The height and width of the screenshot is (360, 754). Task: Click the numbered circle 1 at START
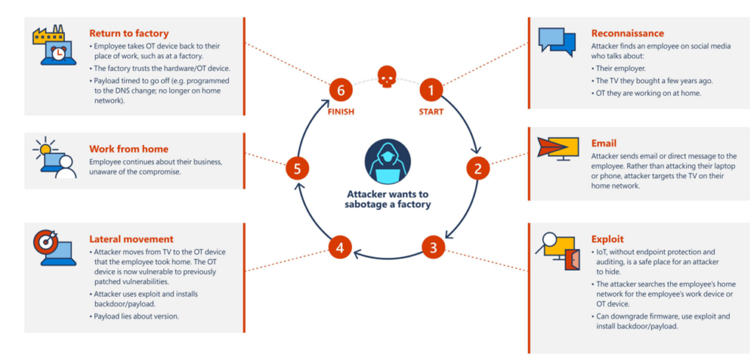coord(431,91)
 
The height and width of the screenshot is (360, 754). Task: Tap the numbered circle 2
coord(477,169)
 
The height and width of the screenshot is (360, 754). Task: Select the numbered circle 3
coord(433,246)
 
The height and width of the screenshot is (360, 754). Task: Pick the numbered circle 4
coord(340,247)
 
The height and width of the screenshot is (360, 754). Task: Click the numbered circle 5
coord(297,169)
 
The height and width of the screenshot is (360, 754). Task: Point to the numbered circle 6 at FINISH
coord(341,91)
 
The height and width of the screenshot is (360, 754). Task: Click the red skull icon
coord(386,75)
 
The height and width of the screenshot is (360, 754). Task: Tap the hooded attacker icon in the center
coord(386,163)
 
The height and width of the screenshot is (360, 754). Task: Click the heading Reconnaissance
coord(627,33)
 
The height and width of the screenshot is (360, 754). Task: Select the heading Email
coord(604,143)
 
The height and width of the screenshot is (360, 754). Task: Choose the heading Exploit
coord(607,239)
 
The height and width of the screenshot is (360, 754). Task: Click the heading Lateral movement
coord(131,239)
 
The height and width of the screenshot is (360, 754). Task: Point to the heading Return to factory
coord(129,33)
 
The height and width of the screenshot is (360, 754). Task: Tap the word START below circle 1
coord(431,112)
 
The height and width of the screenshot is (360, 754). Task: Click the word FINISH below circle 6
coord(341,112)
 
